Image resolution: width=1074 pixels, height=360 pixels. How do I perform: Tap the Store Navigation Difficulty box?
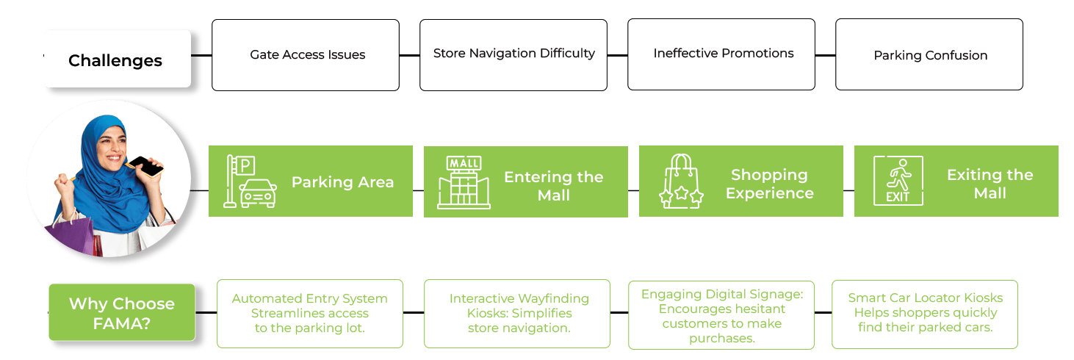click(513, 54)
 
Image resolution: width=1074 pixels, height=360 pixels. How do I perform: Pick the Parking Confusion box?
click(929, 55)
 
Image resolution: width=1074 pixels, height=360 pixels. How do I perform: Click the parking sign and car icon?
click(251, 182)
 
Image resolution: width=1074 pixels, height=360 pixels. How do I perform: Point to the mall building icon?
click(464, 182)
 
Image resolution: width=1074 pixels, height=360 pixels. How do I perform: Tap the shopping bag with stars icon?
click(680, 181)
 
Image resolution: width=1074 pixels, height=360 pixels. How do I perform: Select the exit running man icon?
click(898, 180)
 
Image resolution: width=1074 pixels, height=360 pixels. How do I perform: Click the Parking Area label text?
click(343, 182)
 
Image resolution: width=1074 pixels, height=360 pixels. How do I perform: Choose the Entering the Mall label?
click(553, 186)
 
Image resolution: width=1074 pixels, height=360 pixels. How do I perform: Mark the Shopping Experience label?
click(769, 184)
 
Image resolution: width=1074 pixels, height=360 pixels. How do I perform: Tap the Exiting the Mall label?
click(990, 184)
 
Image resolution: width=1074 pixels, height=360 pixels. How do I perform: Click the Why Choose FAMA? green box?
click(122, 312)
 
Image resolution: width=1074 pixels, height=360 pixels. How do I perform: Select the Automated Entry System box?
click(310, 313)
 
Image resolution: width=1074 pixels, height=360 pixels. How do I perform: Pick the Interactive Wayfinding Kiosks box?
click(517, 313)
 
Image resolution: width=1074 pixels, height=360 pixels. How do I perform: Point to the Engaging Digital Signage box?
click(722, 314)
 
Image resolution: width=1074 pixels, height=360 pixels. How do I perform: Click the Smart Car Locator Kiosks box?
click(925, 313)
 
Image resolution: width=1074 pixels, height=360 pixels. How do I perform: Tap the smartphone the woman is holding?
click(149, 166)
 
